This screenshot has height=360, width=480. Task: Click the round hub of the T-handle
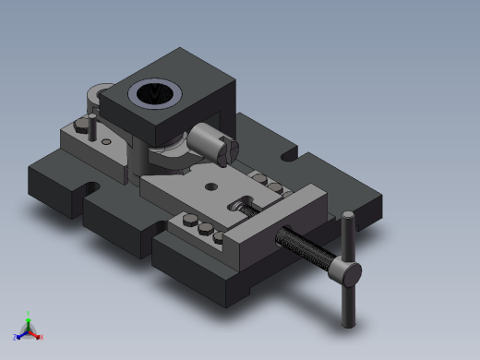click(x=346, y=271)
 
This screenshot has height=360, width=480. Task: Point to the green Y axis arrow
click(x=28, y=318)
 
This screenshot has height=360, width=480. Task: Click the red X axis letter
click(x=41, y=337)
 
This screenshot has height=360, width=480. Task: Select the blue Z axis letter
click(x=16, y=337)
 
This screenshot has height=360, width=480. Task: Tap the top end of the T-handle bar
click(x=348, y=217)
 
